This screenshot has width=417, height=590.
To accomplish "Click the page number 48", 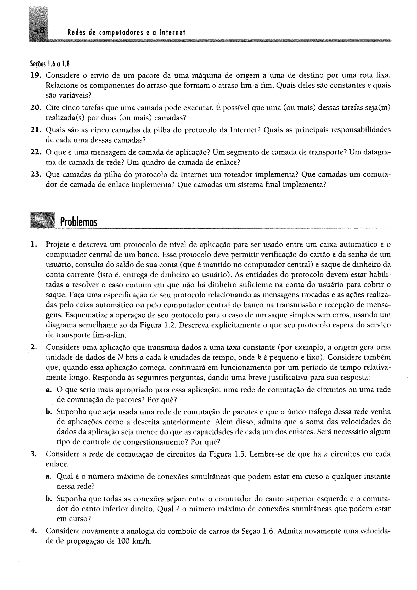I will click(x=39, y=31).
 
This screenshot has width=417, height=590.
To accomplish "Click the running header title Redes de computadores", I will click(x=126, y=33).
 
